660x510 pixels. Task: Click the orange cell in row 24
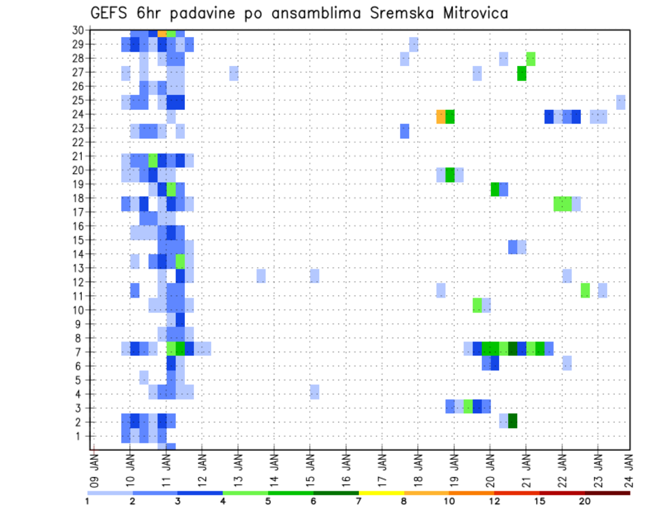tap(441, 117)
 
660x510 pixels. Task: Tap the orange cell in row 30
tap(162, 33)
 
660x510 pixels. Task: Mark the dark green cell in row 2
tap(512, 421)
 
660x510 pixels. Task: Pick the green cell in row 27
tap(521, 73)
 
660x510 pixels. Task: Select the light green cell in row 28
tap(530, 59)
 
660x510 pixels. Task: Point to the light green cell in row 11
tap(584, 291)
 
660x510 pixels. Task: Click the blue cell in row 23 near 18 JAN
tap(404, 131)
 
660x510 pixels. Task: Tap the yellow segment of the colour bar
tap(381, 493)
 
